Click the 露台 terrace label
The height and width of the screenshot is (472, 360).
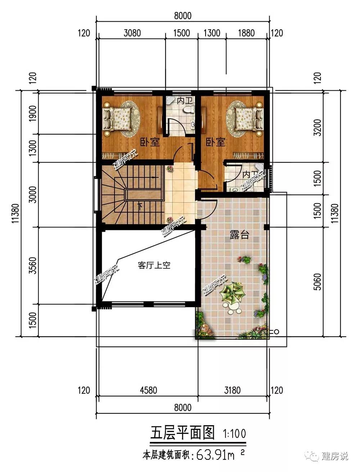pyautogui.click(x=239, y=235)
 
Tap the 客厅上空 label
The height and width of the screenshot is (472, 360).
pyautogui.click(x=154, y=265)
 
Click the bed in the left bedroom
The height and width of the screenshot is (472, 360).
pyautogui.click(x=117, y=119)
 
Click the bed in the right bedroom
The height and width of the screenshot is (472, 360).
pyautogui.click(x=249, y=119)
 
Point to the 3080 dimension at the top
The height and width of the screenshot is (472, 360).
pyautogui.click(x=132, y=33)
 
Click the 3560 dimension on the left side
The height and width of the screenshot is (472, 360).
pyautogui.click(x=33, y=265)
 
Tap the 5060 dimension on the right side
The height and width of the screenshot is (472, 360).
pyautogui.click(x=318, y=282)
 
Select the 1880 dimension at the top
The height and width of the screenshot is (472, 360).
pyautogui.click(x=246, y=33)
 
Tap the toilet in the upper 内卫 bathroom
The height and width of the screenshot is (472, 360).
pyautogui.click(x=189, y=109)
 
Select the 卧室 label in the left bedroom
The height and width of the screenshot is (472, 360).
pyautogui.click(x=150, y=142)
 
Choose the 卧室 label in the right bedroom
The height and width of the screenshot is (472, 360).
pyautogui.click(x=215, y=142)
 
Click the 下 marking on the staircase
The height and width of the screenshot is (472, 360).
pyautogui.click(x=140, y=206)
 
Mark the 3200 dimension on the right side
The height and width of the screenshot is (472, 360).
pyautogui.click(x=318, y=127)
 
